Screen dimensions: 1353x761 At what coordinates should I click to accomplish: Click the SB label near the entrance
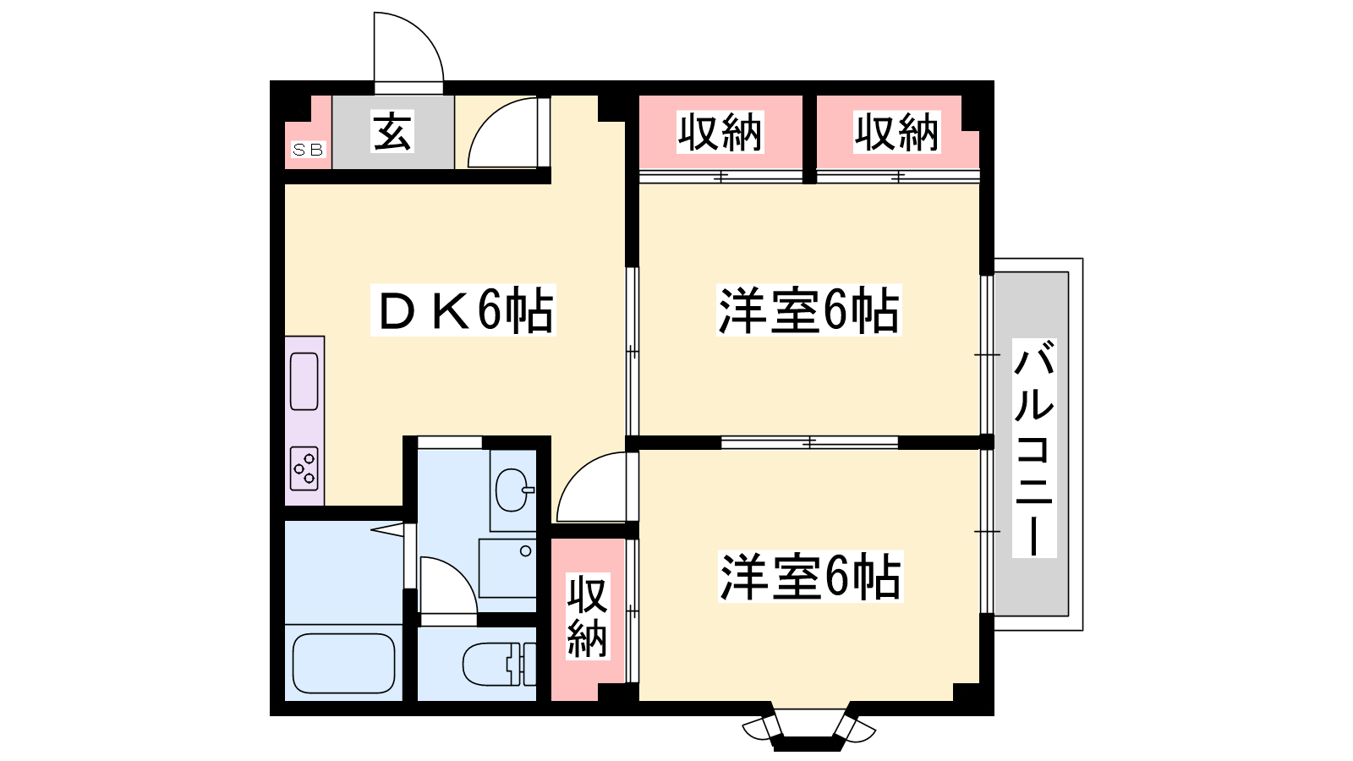pyautogui.click(x=308, y=149)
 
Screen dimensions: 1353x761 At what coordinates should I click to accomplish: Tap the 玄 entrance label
pyautogui.click(x=392, y=131)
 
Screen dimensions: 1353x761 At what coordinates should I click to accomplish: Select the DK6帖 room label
pyautogui.click(x=463, y=309)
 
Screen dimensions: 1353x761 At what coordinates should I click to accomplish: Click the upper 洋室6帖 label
pyautogui.click(x=808, y=309)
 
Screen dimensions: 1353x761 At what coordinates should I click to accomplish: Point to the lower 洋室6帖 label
pyautogui.click(x=810, y=576)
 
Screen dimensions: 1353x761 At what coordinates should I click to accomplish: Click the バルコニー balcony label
pyautogui.click(x=1034, y=447)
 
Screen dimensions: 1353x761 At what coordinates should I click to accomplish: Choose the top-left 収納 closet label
pyautogui.click(x=720, y=132)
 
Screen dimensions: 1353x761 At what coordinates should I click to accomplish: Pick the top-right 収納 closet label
pyautogui.click(x=897, y=132)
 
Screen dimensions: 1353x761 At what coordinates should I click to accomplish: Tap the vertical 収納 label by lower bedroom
pyautogui.click(x=588, y=616)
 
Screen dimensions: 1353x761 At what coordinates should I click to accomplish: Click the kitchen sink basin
pyautogui.click(x=304, y=381)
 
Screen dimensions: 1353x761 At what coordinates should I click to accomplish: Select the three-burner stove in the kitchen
pyautogui.click(x=304, y=468)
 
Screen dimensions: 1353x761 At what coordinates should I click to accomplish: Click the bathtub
pyautogui.click(x=343, y=663)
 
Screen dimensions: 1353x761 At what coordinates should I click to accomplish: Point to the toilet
pyautogui.click(x=499, y=665)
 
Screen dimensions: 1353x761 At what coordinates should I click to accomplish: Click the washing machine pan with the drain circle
pyautogui.click(x=507, y=567)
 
